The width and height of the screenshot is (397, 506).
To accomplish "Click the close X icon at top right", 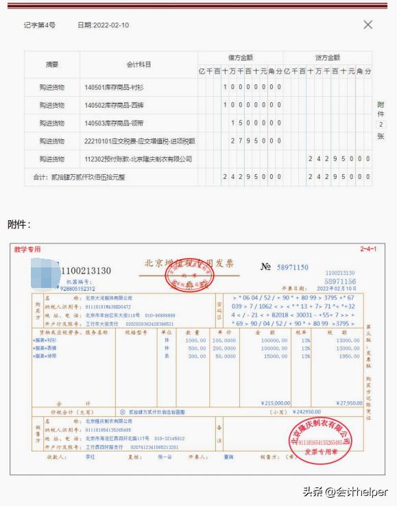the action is click(368, 25).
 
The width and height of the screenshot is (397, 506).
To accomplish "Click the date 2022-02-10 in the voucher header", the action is click(103, 25).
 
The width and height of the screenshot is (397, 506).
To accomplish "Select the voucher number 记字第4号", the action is click(39, 25).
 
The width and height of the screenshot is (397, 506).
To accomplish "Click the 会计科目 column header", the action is click(139, 64).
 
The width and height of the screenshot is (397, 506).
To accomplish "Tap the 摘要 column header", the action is click(52, 64).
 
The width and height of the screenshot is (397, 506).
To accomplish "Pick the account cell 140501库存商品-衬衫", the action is click(113, 87).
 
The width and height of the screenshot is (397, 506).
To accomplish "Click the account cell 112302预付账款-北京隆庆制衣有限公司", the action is click(138, 159).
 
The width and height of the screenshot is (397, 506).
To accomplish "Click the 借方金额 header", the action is click(241, 58).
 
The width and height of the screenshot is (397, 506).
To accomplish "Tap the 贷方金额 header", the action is click(327, 58).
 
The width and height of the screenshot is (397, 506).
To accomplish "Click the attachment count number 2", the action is click(381, 125).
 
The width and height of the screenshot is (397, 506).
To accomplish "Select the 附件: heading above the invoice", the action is click(19, 224).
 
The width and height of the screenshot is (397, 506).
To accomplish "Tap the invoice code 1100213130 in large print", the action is click(86, 272).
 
